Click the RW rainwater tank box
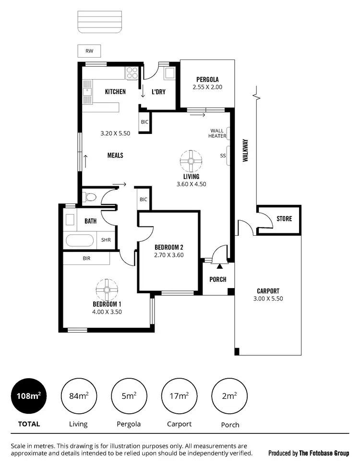[89, 50]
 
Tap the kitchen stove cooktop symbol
[132, 73]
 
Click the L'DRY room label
[158, 92]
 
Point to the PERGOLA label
[207, 79]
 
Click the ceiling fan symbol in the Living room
[191, 161]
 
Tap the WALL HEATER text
[217, 133]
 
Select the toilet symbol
[89, 197]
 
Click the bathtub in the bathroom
[80, 240]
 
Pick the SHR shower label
[106, 240]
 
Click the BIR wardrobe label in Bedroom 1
[86, 258]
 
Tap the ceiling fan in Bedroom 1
[107, 289]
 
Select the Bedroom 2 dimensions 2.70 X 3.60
[169, 255]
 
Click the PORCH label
[218, 279]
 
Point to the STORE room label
[284, 219]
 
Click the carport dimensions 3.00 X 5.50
[268, 299]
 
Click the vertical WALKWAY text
[245, 150]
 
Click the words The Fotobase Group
[324, 453]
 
